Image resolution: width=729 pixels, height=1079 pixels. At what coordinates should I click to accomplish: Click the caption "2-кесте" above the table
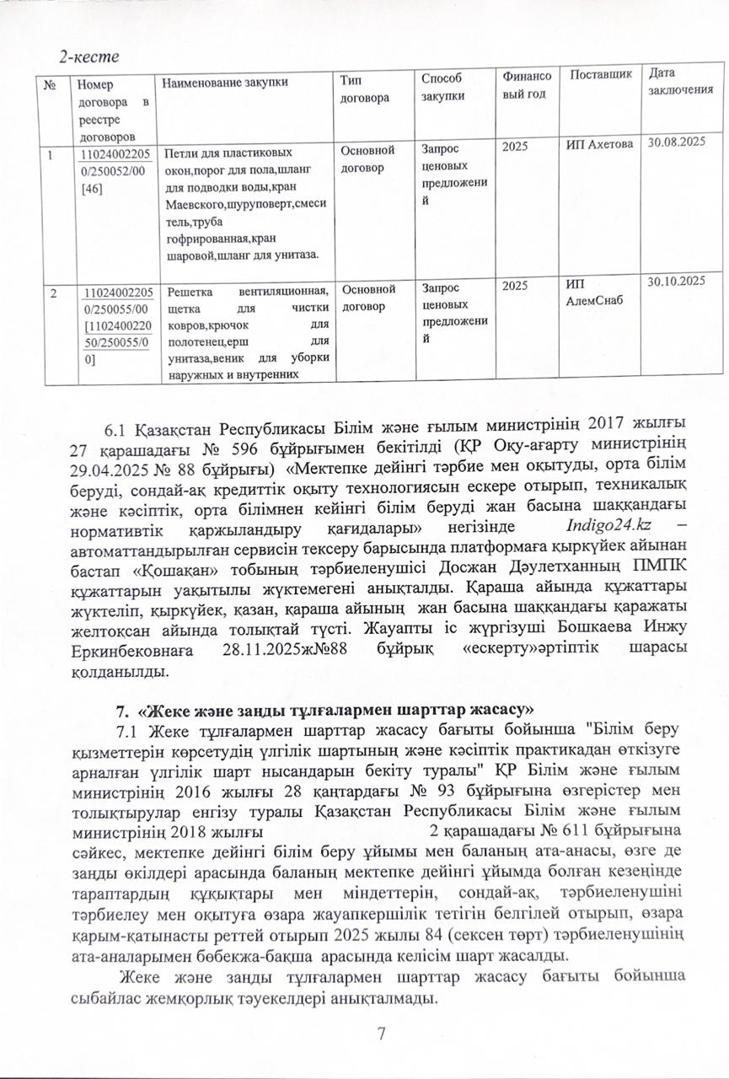click(88, 57)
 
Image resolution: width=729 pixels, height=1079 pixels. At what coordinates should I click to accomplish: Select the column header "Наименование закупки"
click(224, 83)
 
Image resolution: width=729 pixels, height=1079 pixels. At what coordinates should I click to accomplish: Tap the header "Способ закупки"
click(443, 88)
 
